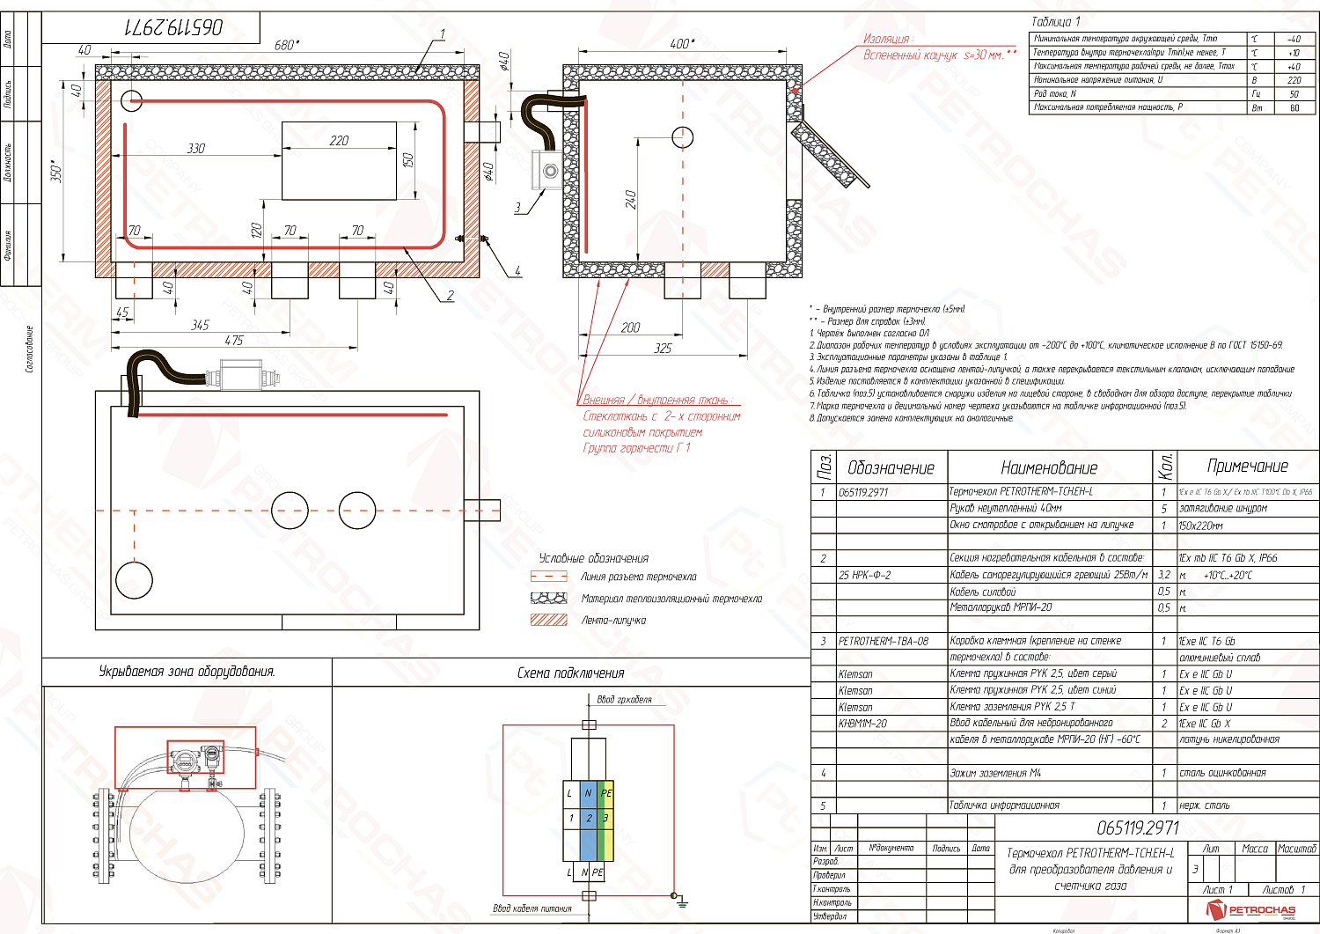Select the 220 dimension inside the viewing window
point(339,140)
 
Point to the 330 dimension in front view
point(196,148)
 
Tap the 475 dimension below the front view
point(233,340)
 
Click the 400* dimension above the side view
point(680,43)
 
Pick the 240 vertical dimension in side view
point(631,200)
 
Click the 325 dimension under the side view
point(663,349)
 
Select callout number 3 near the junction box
point(517,209)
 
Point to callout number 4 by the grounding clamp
point(517,270)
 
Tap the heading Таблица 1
point(1055,22)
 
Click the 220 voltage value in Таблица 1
point(1294,80)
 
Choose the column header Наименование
point(1049,467)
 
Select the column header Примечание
point(1247,467)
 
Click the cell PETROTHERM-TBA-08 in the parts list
point(884,641)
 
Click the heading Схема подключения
point(570,673)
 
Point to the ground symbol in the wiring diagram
point(679,899)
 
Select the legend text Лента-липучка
point(613,620)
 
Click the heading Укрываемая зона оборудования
point(187,672)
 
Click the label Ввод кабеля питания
point(532,908)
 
